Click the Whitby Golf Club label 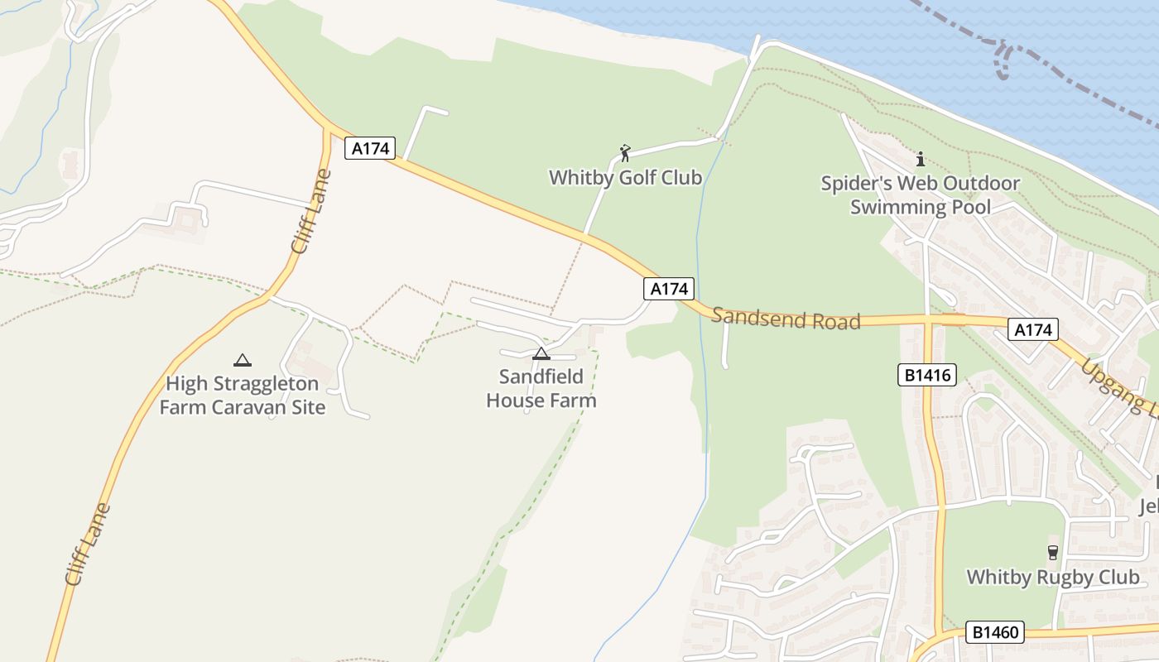point(625,177)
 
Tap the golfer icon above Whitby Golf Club point(625,153)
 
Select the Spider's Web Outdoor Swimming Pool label point(920,194)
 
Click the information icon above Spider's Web point(920,159)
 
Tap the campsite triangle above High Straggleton point(242,360)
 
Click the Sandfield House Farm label point(541,389)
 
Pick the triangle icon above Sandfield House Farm point(541,354)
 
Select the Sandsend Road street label point(786,318)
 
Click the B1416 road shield point(926,376)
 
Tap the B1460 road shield point(994,633)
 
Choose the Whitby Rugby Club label point(1052,577)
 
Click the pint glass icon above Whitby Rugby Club point(1052,552)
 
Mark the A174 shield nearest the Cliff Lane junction point(370,148)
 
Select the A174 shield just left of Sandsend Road point(668,289)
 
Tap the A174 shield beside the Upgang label point(1033,330)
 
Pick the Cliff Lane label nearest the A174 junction point(311,212)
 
